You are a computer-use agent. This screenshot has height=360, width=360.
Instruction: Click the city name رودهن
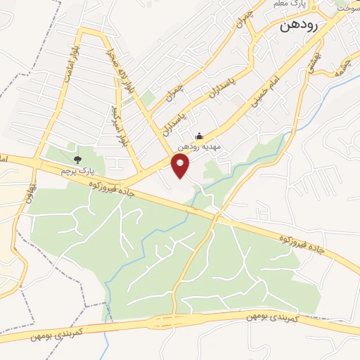tap(309, 25)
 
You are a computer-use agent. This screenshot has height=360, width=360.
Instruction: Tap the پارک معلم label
tap(289, 6)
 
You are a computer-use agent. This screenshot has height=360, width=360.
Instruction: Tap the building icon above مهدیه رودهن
tap(199, 136)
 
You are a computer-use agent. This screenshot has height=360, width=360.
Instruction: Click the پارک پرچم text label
tap(77, 171)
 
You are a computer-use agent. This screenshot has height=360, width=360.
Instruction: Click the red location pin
tap(181, 166)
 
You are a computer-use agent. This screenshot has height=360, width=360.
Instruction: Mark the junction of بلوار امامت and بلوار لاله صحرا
tap(83, 32)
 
